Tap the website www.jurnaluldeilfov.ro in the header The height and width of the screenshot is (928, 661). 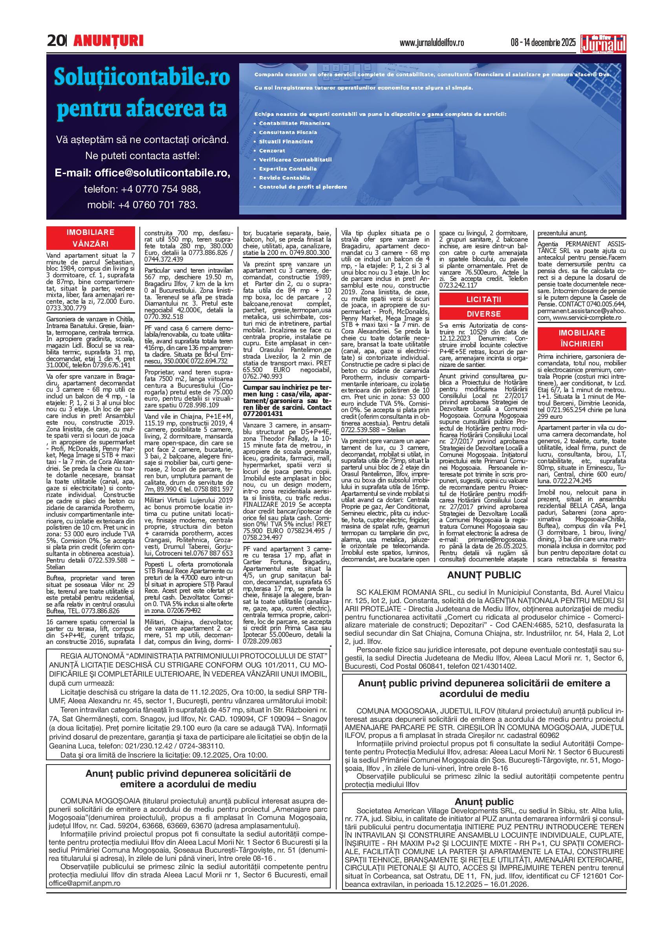click(432, 43)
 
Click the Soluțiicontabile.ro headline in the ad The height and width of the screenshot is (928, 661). click(142, 77)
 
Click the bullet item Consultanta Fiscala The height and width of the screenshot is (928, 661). click(288, 132)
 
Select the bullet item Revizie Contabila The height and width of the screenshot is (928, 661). click(284, 178)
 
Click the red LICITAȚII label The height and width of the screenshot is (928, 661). click(483, 300)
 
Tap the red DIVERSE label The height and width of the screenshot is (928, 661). click(483, 314)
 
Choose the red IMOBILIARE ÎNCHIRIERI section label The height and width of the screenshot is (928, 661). click(582, 338)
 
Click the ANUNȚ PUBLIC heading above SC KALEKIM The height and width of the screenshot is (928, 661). click(483, 575)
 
